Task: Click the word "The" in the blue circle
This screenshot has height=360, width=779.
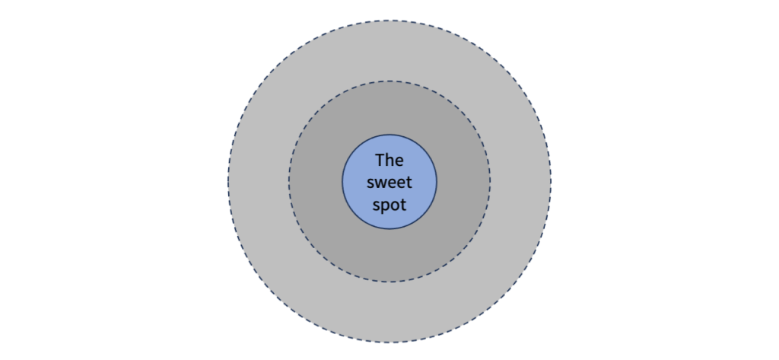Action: [389, 161]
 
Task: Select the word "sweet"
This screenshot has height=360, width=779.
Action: [389, 183]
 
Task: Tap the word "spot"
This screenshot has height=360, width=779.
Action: [389, 205]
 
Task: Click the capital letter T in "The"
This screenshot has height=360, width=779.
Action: [380, 161]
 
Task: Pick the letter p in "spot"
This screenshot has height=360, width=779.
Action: [386, 207]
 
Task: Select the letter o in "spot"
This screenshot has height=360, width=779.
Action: [395, 205]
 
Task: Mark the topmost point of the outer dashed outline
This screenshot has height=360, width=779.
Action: [389, 21]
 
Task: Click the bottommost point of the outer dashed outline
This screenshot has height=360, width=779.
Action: [389, 342]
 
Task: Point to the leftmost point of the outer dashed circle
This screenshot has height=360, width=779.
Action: [228, 182]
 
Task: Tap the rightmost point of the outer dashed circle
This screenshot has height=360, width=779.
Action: [551, 182]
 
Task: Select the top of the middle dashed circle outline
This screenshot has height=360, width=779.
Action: [389, 81]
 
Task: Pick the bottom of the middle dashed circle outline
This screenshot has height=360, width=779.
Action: [389, 282]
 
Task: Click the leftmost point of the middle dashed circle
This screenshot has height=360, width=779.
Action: [288, 182]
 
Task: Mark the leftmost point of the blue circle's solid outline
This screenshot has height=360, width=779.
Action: [342, 182]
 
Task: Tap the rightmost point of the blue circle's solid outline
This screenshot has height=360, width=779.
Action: [437, 182]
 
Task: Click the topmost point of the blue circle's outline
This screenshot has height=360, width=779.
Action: [389, 135]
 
